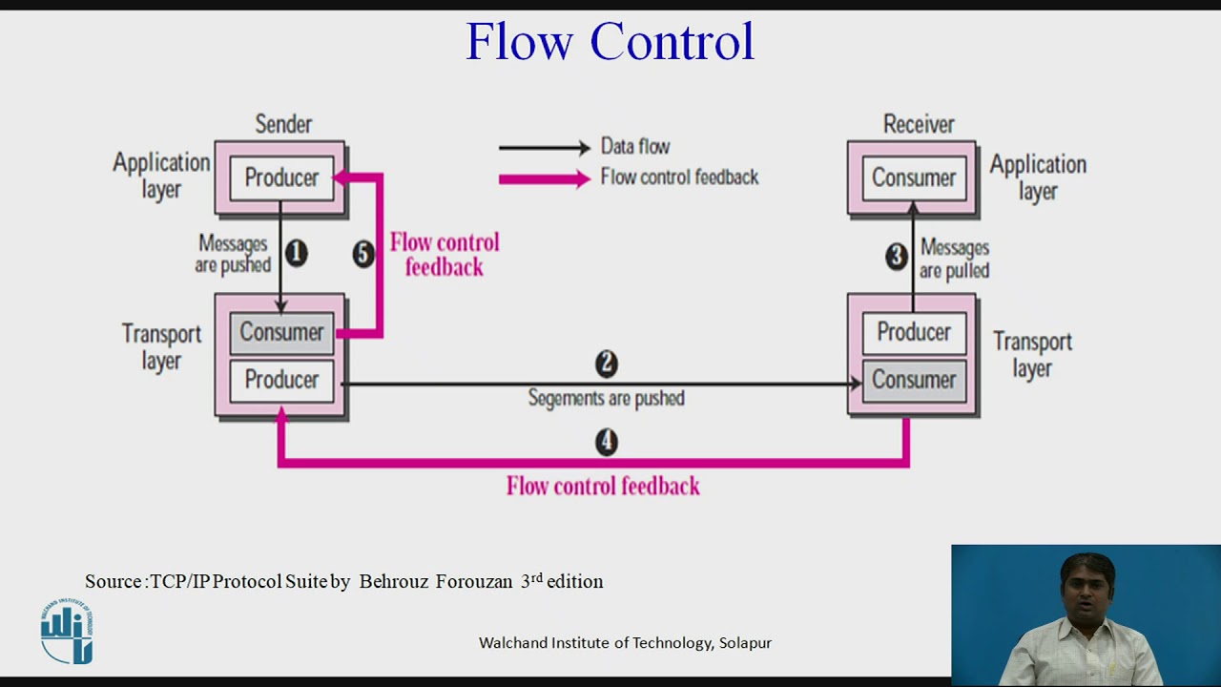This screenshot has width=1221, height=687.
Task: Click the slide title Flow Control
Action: (610, 42)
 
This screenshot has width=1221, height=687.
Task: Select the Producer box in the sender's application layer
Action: (281, 178)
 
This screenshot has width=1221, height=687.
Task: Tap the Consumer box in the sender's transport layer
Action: (281, 332)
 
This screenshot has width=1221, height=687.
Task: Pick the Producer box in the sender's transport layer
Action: (281, 380)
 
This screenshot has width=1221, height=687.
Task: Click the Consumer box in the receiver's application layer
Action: (913, 178)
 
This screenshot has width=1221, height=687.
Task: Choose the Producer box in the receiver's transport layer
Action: (913, 332)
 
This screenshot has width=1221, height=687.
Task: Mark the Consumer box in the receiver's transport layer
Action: (913, 380)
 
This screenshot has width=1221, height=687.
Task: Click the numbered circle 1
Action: (297, 253)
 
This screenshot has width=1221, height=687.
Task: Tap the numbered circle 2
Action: (607, 364)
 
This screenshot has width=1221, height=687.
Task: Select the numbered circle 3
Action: (896, 256)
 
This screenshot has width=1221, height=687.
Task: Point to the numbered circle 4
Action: (607, 442)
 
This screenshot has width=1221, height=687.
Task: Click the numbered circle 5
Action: (363, 254)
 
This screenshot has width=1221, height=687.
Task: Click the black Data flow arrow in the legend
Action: (544, 148)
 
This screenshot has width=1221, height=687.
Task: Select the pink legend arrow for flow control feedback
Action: (544, 178)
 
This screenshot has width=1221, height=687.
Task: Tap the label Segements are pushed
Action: (607, 398)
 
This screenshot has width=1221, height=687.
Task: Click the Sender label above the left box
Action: (283, 124)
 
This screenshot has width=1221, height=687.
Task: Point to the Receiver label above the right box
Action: (918, 124)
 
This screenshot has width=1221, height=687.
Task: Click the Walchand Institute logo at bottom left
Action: (67, 632)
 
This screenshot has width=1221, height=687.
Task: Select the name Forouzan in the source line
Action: (474, 581)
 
